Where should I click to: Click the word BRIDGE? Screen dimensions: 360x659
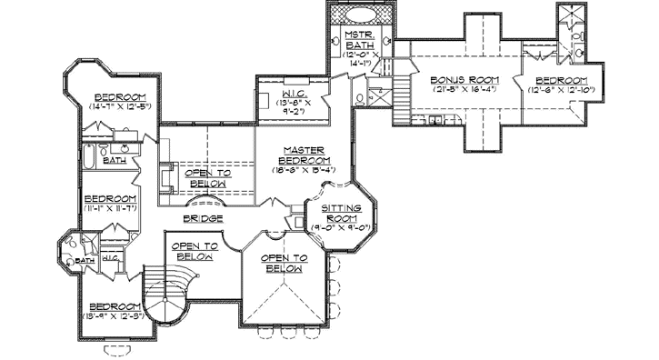[204, 219]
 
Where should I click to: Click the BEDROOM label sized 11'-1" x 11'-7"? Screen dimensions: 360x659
[109, 199]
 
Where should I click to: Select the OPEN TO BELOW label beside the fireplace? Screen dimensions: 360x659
[208, 177]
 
